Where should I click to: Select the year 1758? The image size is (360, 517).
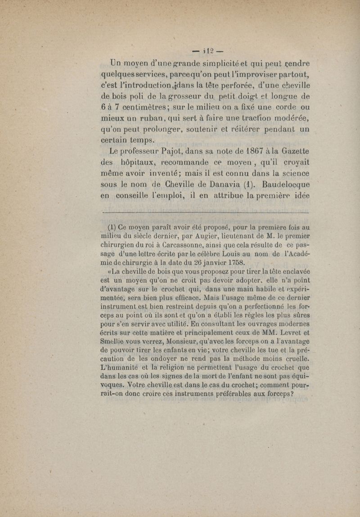[234, 262]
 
